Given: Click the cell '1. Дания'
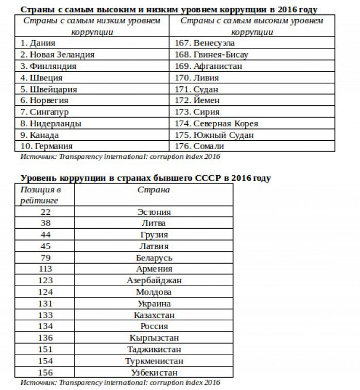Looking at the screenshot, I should pos(38,43).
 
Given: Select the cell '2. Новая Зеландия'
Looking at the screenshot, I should pos(58,54).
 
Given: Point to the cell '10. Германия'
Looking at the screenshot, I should pos(48,146).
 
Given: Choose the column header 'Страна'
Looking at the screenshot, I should pos(154,190).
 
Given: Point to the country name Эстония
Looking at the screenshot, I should pos(154,212).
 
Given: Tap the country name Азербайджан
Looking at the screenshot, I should pos(154,281).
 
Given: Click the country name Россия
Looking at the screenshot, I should pos(154,326).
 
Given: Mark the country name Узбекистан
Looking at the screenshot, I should pos(154,373).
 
